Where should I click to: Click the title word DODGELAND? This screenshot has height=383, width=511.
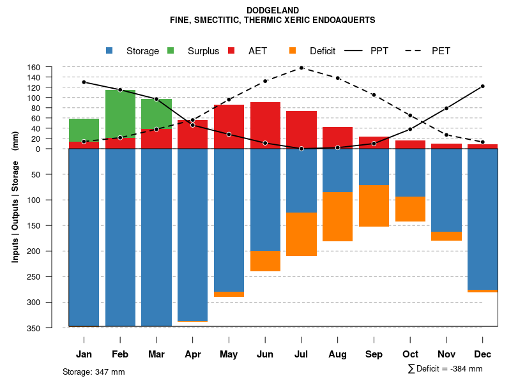(x=272, y=10)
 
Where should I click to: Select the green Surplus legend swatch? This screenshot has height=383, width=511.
(x=171, y=51)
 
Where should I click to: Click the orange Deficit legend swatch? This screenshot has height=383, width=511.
(x=293, y=51)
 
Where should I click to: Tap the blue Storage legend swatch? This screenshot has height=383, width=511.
(x=110, y=51)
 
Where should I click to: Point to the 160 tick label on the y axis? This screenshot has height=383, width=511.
(x=52, y=67)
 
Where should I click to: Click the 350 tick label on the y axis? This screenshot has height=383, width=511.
(x=52, y=327)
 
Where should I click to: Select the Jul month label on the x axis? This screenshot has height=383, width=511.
(x=301, y=354)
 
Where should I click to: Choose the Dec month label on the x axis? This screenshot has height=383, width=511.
(x=482, y=354)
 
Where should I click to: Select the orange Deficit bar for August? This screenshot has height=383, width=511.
(x=337, y=216)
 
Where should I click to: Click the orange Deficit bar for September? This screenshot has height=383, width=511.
(x=374, y=206)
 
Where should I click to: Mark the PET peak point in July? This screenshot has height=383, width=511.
(x=301, y=68)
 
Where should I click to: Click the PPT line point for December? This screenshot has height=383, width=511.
(x=482, y=86)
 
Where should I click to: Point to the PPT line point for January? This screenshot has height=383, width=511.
(x=84, y=82)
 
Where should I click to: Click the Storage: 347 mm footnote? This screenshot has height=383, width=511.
(x=93, y=372)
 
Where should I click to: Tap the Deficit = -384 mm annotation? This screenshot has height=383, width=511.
(x=445, y=369)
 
